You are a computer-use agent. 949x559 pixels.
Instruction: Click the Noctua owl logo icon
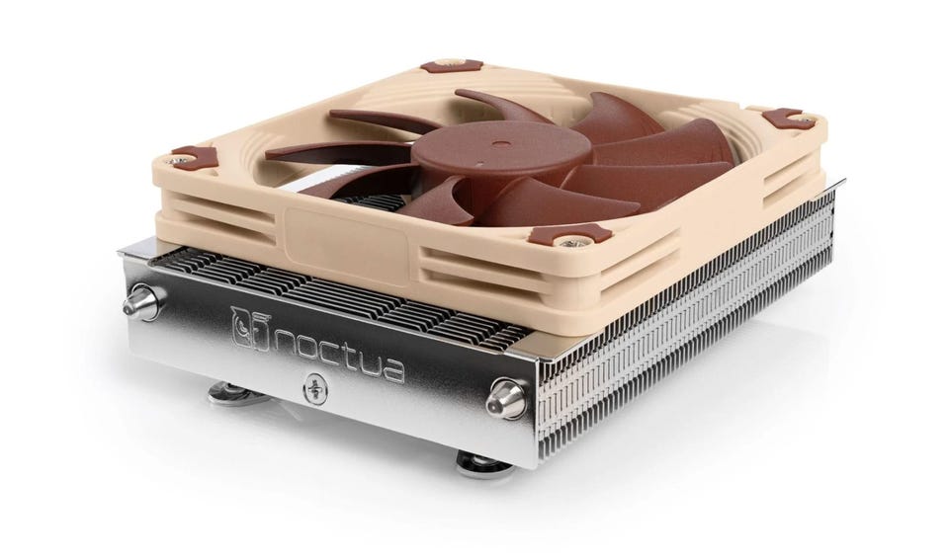(250, 329)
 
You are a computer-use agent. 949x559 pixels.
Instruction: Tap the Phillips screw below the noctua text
(316, 388)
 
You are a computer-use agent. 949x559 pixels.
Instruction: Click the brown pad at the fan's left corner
(194, 157)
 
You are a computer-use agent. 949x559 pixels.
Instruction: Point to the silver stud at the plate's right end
(507, 397)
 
